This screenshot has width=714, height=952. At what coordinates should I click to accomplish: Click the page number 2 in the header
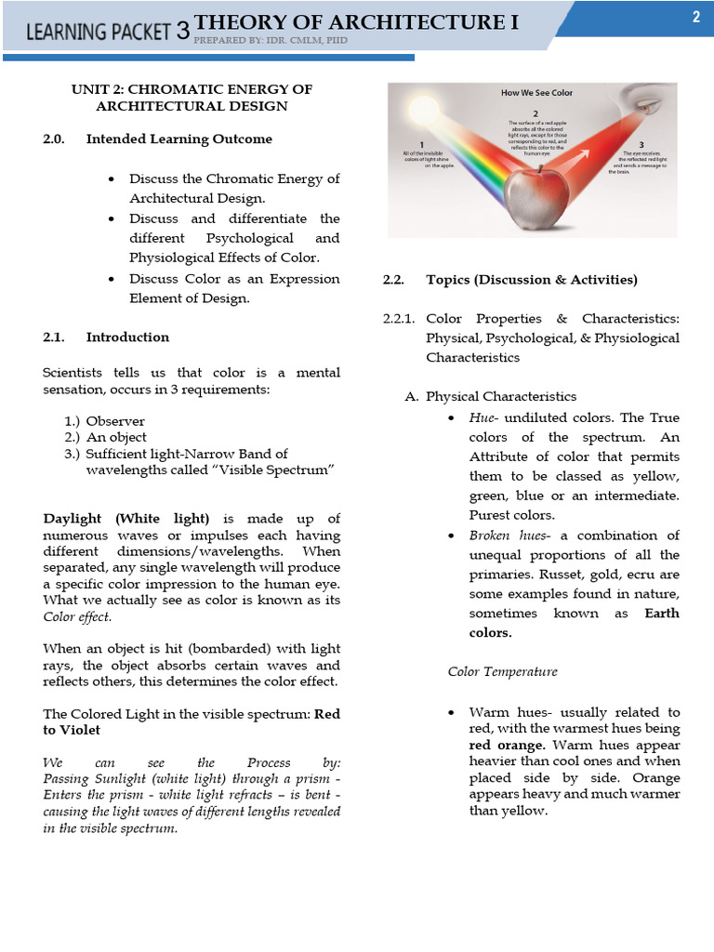[x=695, y=17]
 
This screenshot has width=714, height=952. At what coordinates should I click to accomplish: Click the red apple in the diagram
[x=536, y=193]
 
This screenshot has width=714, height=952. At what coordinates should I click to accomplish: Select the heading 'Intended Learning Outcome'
[x=178, y=139]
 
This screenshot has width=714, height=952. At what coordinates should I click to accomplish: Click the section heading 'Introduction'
[x=127, y=337]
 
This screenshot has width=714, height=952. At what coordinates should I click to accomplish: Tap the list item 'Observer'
[x=115, y=421]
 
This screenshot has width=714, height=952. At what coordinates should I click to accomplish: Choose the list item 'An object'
[x=116, y=437]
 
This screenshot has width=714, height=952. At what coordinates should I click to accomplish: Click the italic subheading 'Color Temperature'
[x=502, y=671]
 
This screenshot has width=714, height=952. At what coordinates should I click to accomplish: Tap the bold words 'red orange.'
[x=507, y=746]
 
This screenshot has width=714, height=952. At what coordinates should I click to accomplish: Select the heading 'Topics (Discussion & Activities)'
[x=531, y=280]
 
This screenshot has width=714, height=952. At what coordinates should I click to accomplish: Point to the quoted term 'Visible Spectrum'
[x=285, y=470]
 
